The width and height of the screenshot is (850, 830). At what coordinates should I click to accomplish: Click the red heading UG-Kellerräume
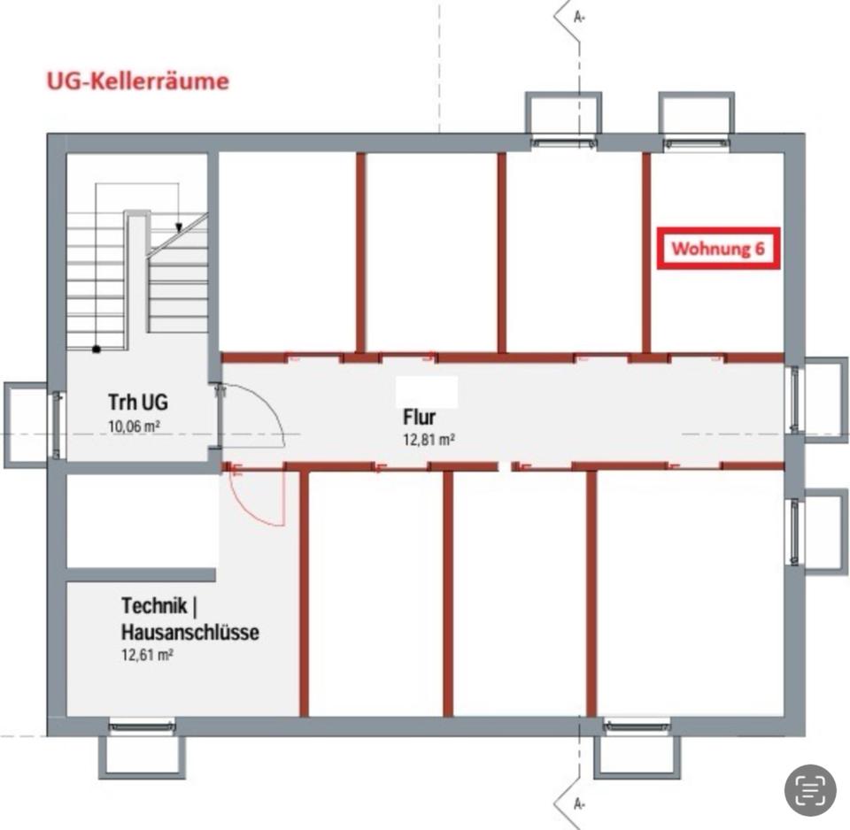pyautogui.click(x=137, y=81)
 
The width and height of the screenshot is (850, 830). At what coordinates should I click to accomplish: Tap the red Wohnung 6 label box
pyautogui.click(x=717, y=249)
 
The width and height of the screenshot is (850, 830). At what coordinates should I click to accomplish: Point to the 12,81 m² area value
pyautogui.click(x=429, y=439)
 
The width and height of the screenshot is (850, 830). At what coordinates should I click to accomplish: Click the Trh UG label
pyautogui.click(x=137, y=403)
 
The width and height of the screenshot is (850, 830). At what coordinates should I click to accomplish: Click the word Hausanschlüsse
pyautogui.click(x=189, y=633)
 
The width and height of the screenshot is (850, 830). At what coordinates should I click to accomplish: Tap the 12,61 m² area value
pyautogui.click(x=146, y=656)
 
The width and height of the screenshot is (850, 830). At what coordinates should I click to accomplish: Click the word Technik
pyautogui.click(x=154, y=607)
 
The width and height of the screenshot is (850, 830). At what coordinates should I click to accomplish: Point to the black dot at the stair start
pyautogui.click(x=96, y=349)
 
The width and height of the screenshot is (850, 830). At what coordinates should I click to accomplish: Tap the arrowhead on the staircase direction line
pyautogui.click(x=178, y=227)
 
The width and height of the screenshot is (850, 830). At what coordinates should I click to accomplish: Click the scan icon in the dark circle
pyautogui.click(x=810, y=789)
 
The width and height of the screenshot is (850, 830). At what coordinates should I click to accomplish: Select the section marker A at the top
pyautogui.click(x=579, y=16)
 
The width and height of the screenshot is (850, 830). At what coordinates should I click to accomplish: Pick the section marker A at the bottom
pyautogui.click(x=579, y=803)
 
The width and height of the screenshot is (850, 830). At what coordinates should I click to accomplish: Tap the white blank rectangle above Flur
pyautogui.click(x=427, y=391)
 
